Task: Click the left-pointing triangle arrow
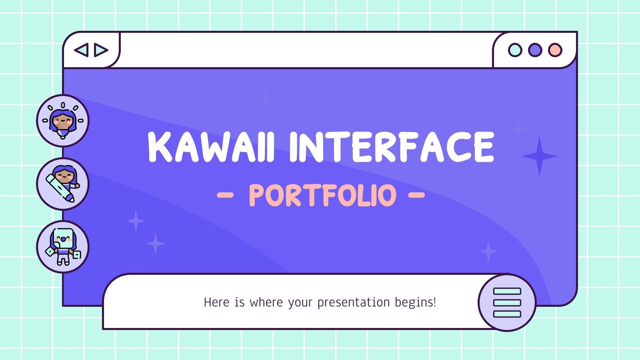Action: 81,50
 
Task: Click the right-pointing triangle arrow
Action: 101,50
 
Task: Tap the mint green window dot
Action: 515,50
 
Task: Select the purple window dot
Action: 535,50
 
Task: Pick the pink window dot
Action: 555,50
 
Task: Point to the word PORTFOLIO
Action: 322,195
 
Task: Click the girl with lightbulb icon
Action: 63,121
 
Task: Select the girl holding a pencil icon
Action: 63,184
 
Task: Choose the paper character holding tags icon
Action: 63,247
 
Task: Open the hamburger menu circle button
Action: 507,302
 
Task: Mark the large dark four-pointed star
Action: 539,156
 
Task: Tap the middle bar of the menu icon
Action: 507,302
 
